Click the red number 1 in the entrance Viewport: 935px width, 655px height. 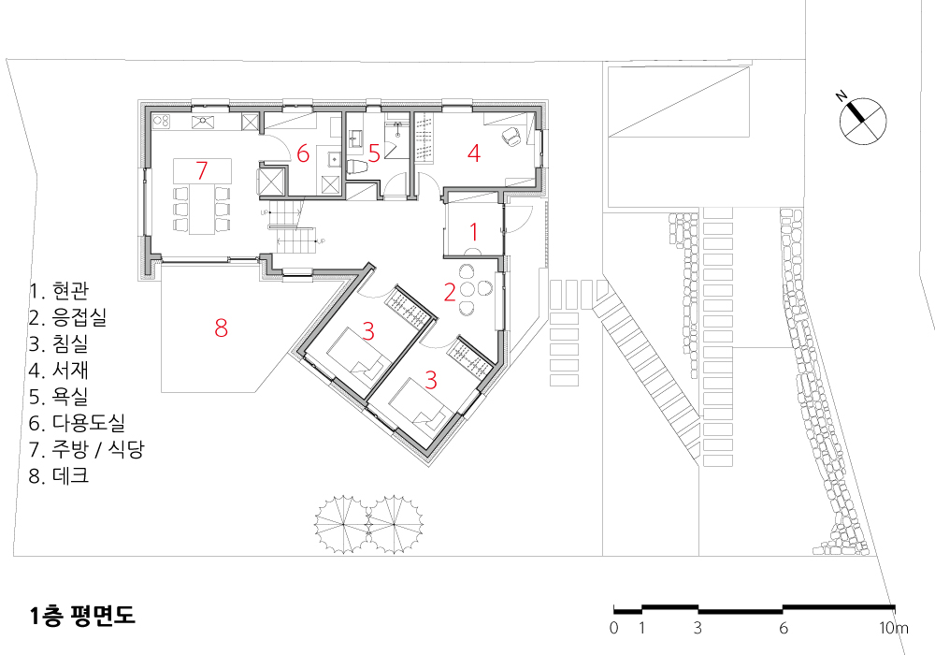(474, 231)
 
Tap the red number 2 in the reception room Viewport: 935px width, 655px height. (451, 292)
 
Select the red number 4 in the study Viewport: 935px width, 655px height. (474, 153)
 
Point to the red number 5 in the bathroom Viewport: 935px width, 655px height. (374, 153)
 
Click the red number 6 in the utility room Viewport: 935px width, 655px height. (303, 153)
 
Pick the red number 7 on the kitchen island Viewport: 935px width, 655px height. (202, 170)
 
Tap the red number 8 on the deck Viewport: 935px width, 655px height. (222, 327)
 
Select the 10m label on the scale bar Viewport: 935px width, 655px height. (893, 628)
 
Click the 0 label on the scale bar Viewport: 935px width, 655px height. (614, 628)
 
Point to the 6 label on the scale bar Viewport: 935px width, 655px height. (783, 628)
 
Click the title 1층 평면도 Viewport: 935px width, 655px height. (82, 615)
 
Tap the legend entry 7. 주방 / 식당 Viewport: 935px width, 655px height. (86, 448)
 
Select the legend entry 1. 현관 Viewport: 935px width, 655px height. (59, 290)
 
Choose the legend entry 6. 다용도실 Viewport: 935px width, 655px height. (77, 422)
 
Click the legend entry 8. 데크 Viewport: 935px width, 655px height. (59, 475)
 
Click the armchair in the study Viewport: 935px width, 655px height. (512, 137)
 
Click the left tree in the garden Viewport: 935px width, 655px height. (343, 524)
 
